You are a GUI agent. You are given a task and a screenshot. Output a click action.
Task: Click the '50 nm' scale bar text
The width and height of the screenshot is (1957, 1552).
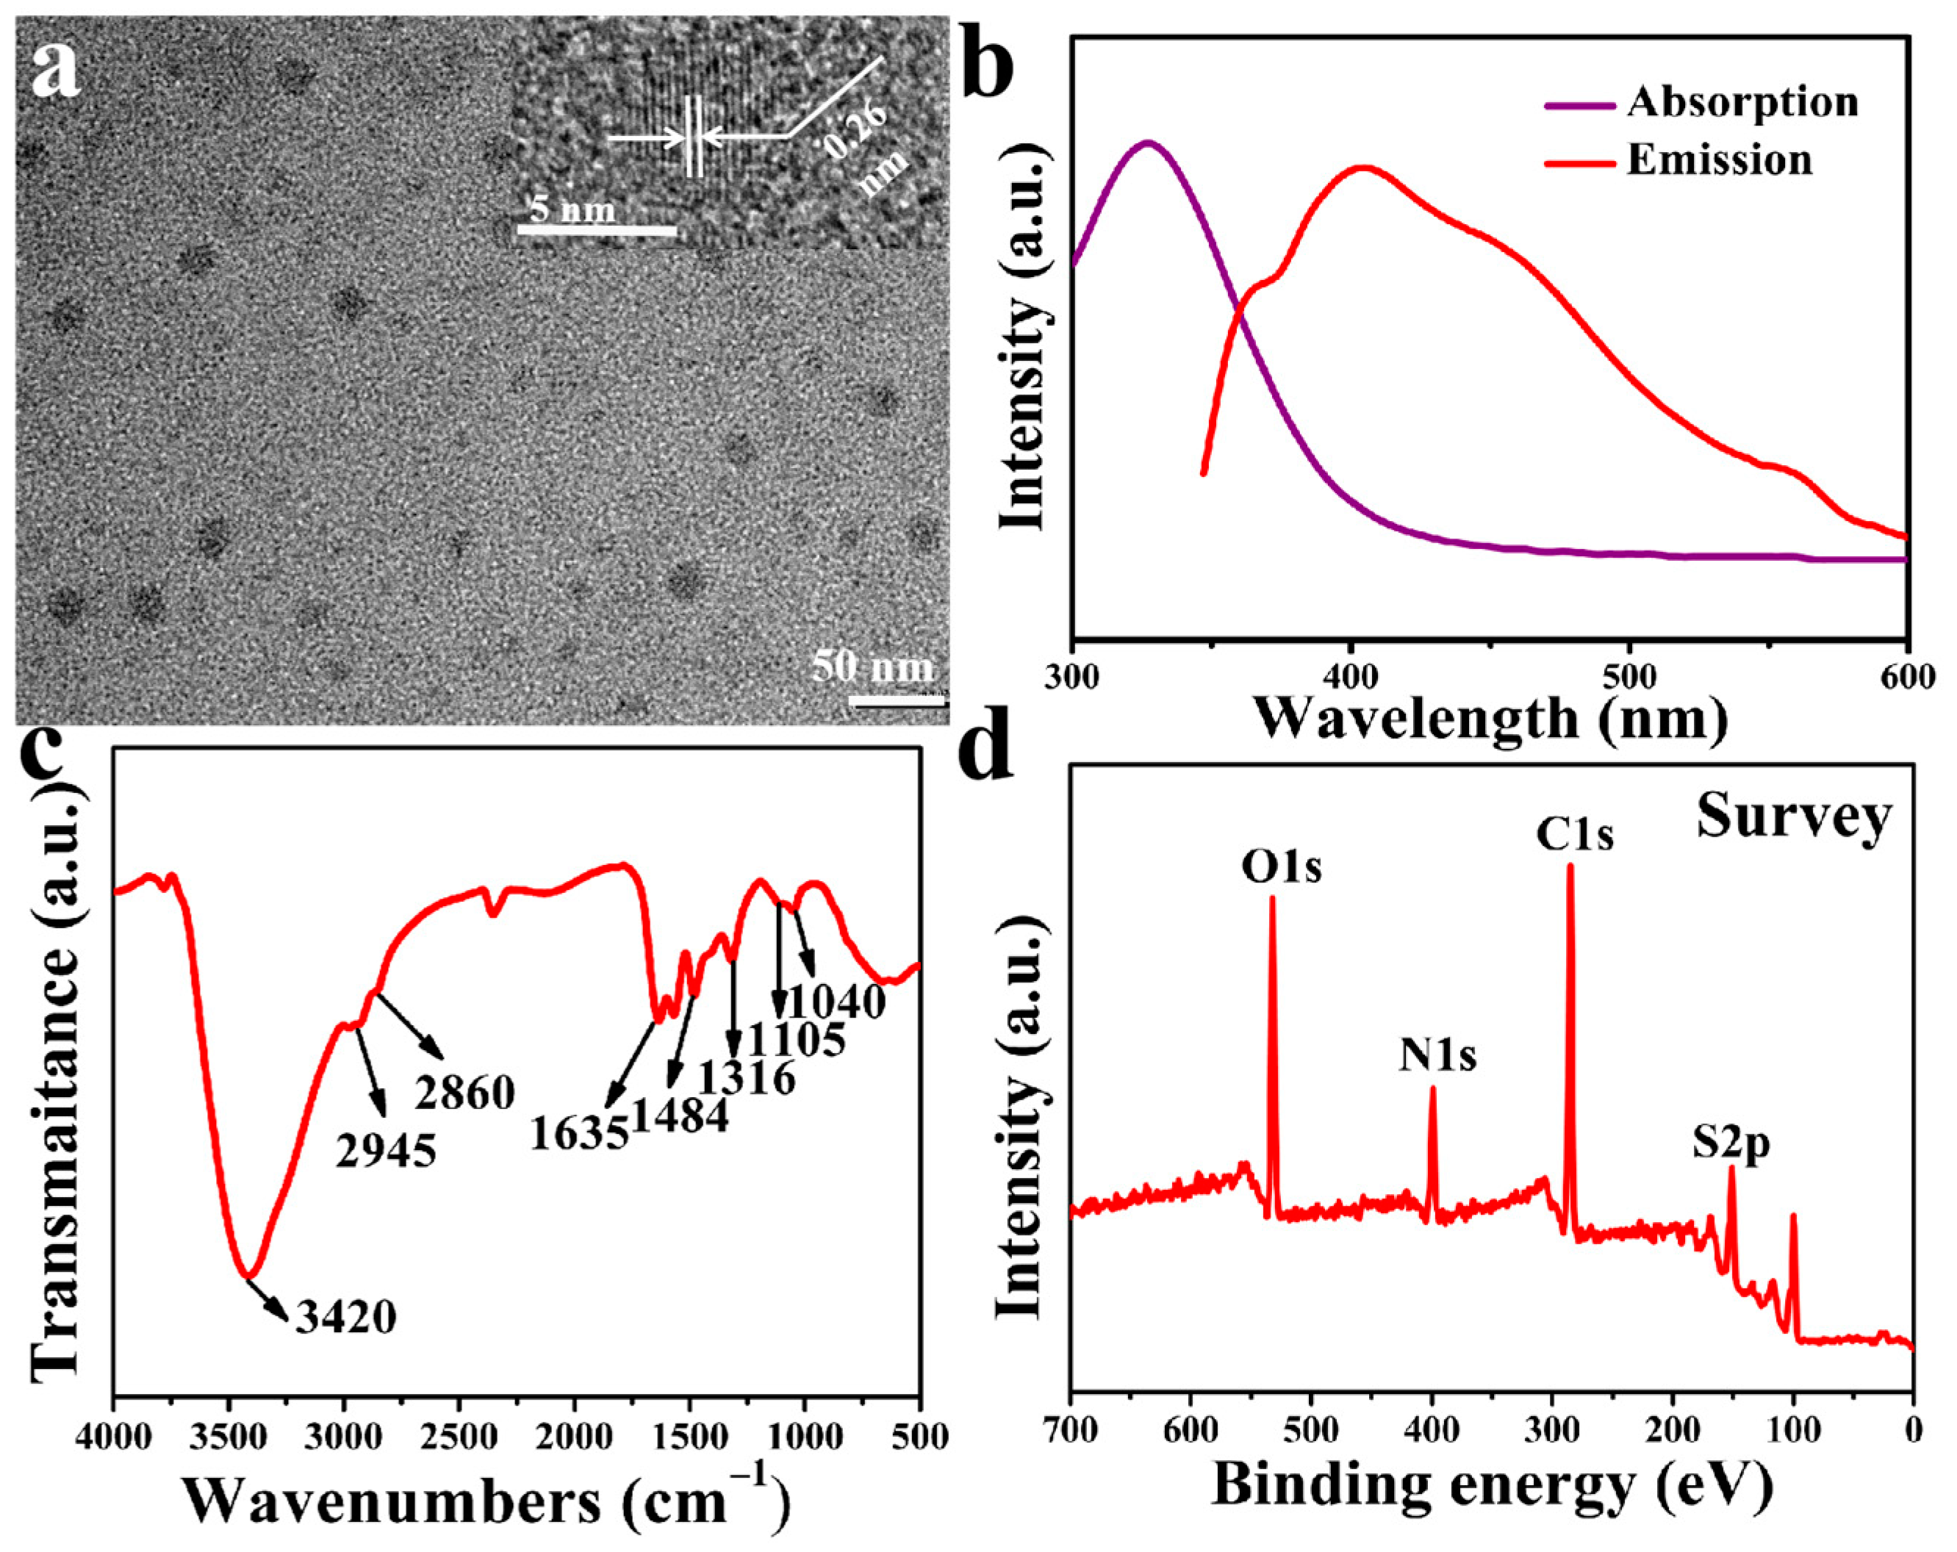872,667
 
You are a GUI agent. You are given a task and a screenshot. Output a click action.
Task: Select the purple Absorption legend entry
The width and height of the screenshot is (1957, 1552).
1741,101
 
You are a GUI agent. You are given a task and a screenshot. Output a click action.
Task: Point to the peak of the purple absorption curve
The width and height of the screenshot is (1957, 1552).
1148,143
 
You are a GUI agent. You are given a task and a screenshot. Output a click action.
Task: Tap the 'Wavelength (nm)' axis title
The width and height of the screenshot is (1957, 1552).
1491,719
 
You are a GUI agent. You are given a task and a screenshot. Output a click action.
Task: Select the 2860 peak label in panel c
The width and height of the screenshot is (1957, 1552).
464,1093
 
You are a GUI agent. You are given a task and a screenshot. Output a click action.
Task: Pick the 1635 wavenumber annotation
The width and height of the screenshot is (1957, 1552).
579,1132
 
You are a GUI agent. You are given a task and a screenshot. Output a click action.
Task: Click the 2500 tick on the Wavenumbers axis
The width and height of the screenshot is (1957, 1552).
459,1437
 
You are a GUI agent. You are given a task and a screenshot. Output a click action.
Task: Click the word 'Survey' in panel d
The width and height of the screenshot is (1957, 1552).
1792,817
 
